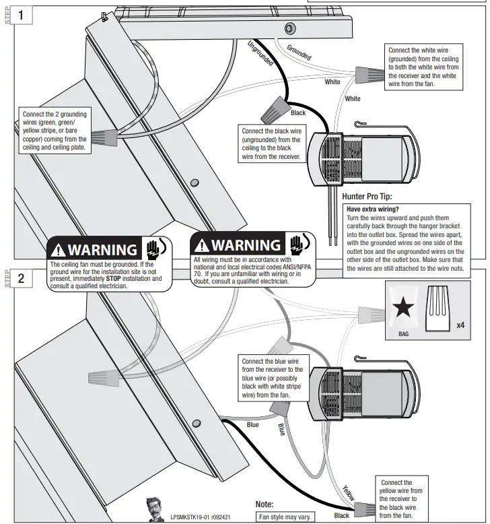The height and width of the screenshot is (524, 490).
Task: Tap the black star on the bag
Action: pos(403,309)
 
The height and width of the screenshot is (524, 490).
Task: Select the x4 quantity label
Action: pos(460,326)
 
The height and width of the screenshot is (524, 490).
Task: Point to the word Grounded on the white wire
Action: pos(299,53)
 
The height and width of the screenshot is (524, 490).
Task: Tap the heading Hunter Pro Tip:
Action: pos(367,197)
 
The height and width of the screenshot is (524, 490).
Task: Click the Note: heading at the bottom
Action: pos(265,504)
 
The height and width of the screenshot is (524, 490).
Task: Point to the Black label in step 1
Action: pos(297,113)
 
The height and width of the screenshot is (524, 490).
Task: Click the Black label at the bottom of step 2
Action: pos(341,515)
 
